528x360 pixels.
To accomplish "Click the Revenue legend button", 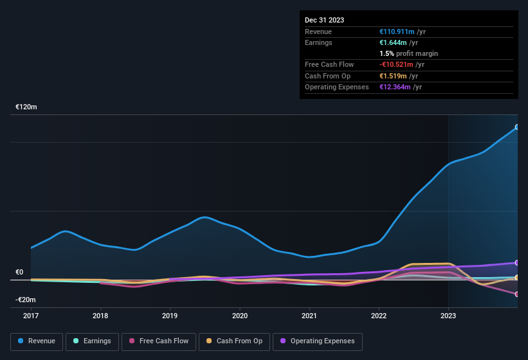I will [37, 341].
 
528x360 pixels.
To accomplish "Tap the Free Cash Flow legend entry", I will [159, 341].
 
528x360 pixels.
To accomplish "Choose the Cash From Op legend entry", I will [233, 341].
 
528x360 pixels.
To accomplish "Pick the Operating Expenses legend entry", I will [318, 341].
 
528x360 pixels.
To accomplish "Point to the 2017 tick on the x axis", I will [30, 316].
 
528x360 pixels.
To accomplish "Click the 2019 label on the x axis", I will [170, 316].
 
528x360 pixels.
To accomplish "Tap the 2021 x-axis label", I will [309, 316].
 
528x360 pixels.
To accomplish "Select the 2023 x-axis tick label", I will [448, 316].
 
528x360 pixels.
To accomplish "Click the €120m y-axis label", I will [26, 107].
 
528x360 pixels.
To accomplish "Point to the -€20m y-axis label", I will [26, 300].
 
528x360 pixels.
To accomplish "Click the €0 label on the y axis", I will [19, 272].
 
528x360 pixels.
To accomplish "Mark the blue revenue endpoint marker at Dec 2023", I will [517, 127].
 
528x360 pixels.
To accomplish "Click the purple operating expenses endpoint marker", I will [517, 263].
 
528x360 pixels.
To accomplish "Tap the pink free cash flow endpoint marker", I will [517, 294].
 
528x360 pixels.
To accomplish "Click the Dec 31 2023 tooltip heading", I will [324, 20].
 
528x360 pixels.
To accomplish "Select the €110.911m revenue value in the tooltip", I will [396, 32].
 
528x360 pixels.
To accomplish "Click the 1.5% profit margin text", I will [408, 53].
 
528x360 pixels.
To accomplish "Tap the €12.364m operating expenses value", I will [394, 87].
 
